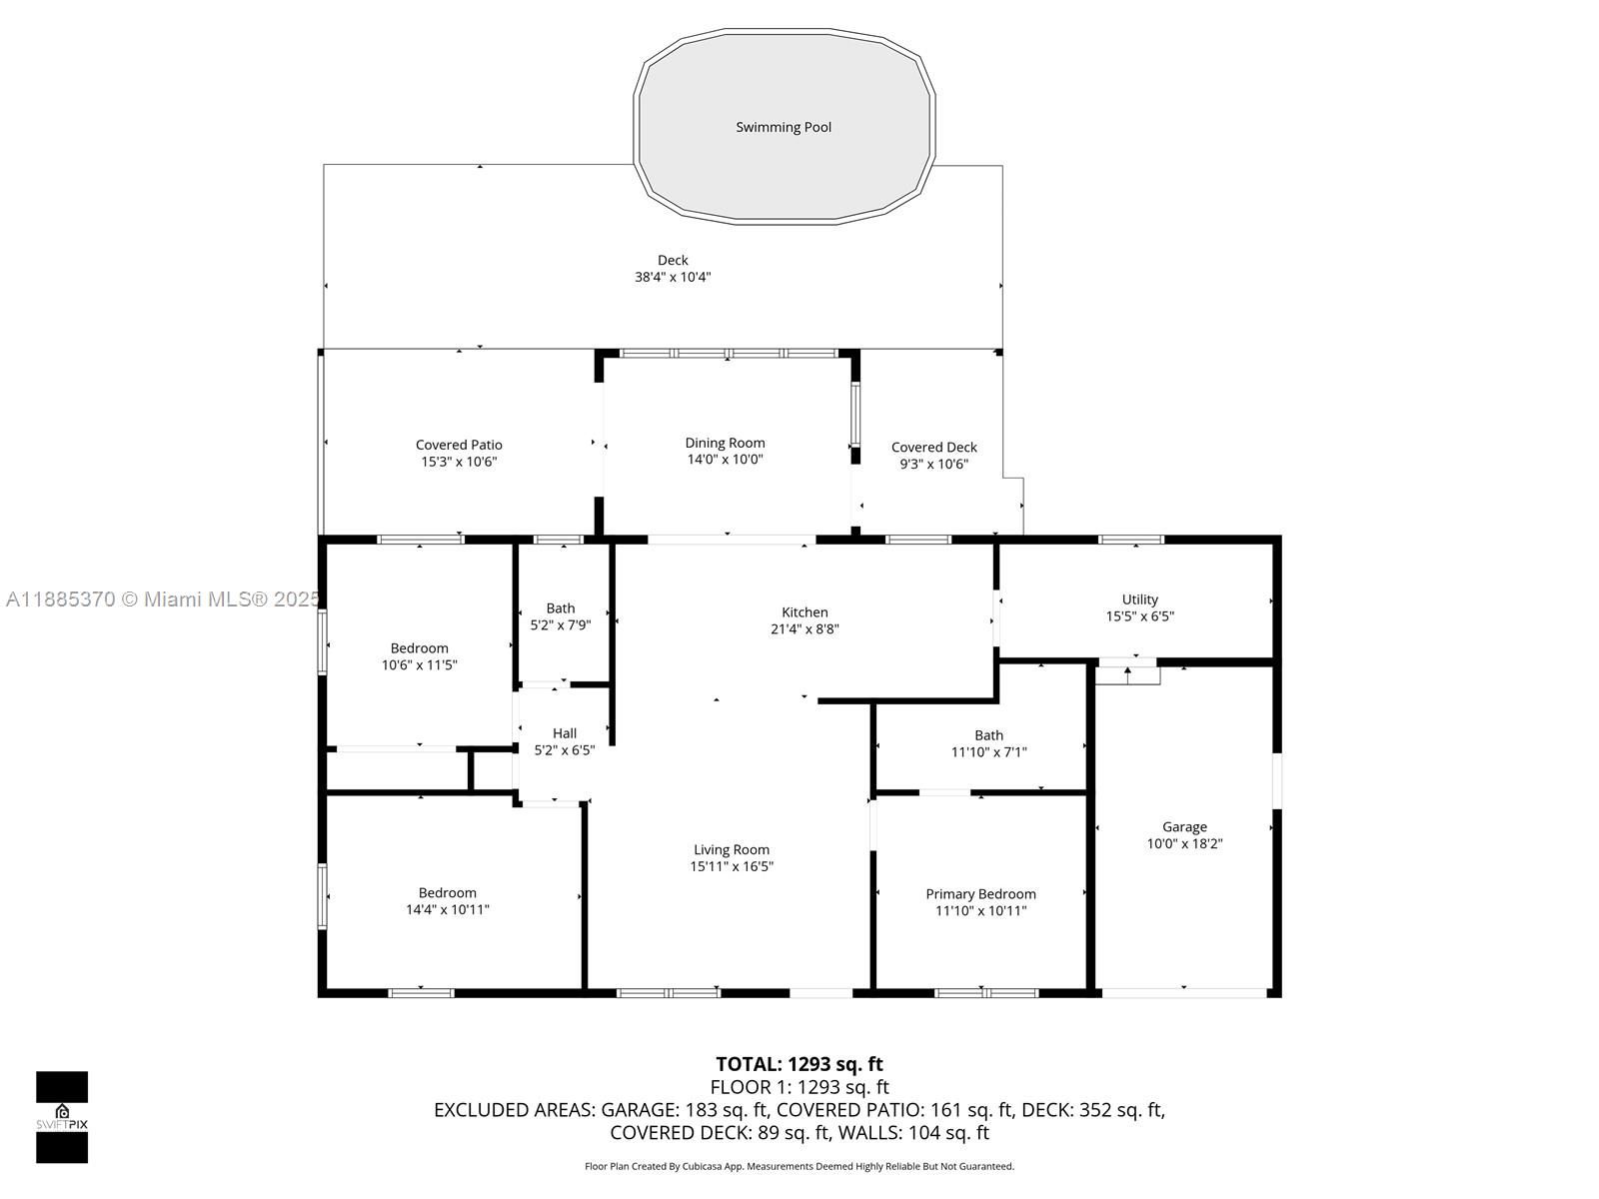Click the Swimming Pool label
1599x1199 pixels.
pos(784,128)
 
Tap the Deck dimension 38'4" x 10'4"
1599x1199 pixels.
pos(673,277)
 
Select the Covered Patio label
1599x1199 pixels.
pos(459,445)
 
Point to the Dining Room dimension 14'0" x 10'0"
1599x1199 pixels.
pos(725,460)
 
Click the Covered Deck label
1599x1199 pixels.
pos(933,447)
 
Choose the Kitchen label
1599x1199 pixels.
pos(804,612)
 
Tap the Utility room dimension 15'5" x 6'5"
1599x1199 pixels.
pos(1140,616)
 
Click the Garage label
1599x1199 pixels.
pos(1184,827)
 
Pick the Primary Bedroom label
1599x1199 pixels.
pos(980,894)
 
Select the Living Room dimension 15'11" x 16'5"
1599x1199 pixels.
pos(732,866)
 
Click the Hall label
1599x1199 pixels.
pos(565,733)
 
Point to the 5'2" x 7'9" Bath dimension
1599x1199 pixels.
pos(561,624)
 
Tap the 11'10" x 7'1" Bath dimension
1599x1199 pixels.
pos(988,752)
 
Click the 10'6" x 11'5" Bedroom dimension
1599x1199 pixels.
pos(419,664)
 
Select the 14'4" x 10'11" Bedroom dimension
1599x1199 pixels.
pos(448,909)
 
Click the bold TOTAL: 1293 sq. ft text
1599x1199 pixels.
pos(799,1064)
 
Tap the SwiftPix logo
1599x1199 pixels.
pos(62,1117)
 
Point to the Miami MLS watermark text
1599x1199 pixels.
pos(163,599)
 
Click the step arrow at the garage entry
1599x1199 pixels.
pos(1127,674)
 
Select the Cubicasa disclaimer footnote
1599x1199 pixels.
pos(799,1166)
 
